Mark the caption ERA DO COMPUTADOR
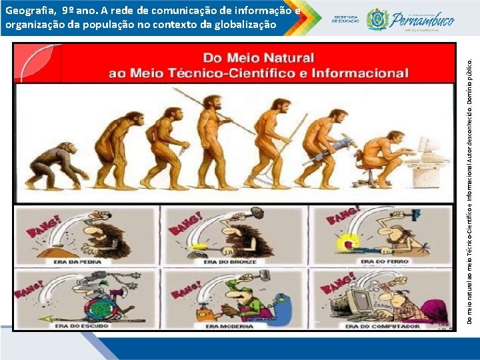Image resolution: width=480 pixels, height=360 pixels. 382,326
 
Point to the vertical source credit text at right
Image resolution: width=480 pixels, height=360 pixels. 470,190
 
